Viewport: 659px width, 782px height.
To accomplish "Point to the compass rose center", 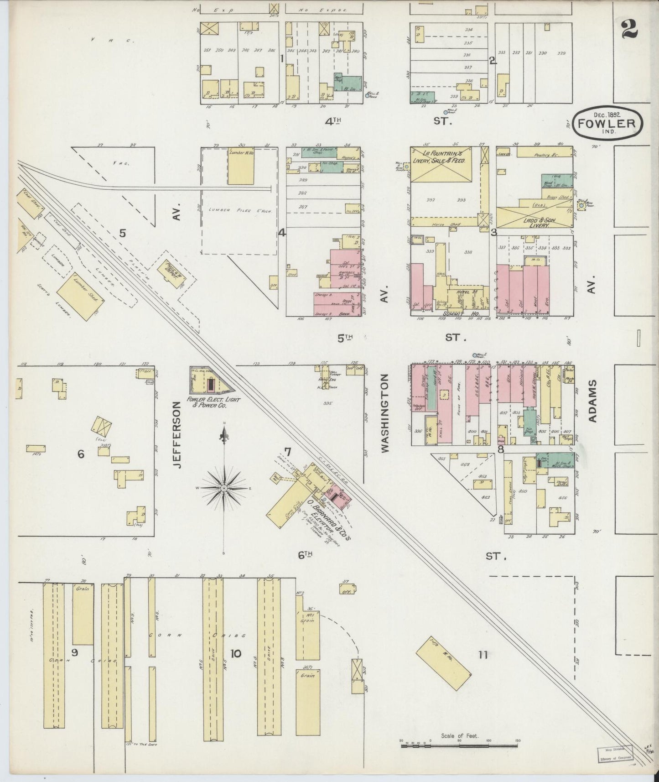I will coord(224,488).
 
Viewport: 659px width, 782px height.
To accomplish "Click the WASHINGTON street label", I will coord(386,413).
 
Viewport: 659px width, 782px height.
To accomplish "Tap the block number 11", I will coord(483,655).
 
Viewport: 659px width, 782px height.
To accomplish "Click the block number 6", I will coord(81,454).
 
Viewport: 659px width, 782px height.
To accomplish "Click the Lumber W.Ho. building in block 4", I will coord(241,166).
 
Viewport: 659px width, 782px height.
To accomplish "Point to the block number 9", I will coord(75,652).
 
